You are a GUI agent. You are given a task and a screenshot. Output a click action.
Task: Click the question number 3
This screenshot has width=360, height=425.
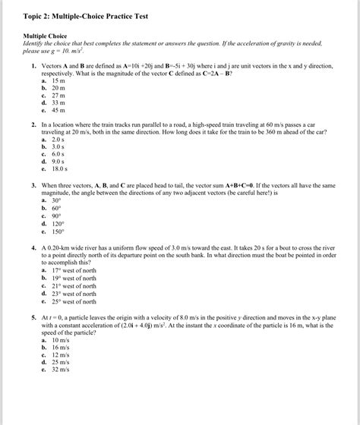[34, 185]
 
